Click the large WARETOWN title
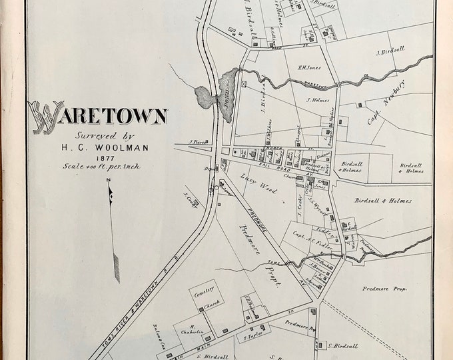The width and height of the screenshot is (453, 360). pos(98,115)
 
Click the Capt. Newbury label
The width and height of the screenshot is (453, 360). pos(387,103)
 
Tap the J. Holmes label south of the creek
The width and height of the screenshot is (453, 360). pos(318,101)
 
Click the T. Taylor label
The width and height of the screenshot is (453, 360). pos(250,337)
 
